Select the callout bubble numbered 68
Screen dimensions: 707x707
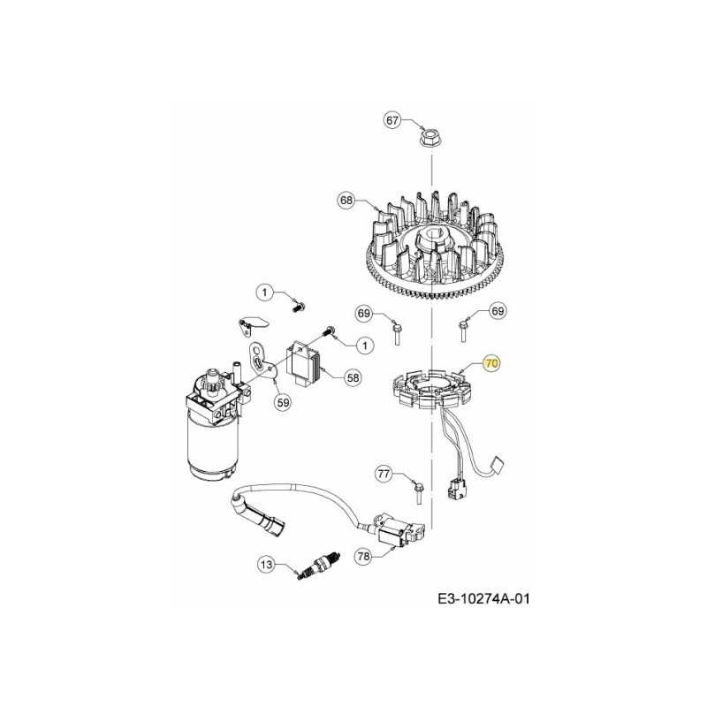[x=346, y=201]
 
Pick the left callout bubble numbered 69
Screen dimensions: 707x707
[x=365, y=313]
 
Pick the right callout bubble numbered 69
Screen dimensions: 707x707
[x=498, y=311]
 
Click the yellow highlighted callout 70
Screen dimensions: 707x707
[x=492, y=362]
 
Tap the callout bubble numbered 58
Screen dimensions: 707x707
[x=353, y=377]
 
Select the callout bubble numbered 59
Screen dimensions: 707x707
[x=282, y=402]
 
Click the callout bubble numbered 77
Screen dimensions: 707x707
[x=384, y=475]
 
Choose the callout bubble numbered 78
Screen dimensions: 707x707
[x=363, y=556]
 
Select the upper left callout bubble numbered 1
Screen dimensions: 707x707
[x=262, y=292]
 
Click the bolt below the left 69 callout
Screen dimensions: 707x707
[x=398, y=334]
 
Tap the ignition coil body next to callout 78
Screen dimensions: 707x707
[x=401, y=531]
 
